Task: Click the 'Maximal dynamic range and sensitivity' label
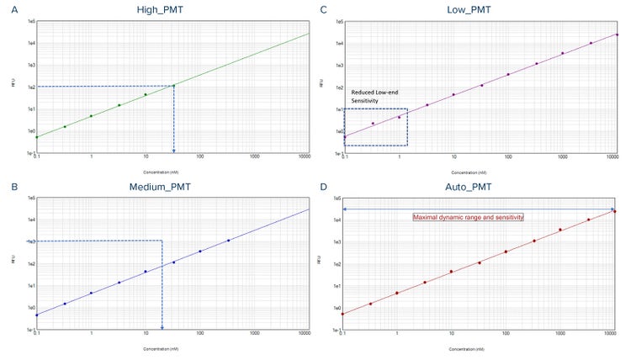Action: (468, 217)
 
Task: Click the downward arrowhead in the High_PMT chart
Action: (173, 151)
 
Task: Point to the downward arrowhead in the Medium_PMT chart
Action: (162, 326)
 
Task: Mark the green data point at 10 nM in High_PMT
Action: (146, 94)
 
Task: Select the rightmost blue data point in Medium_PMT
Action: (228, 241)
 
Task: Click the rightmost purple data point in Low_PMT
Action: (617, 34)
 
